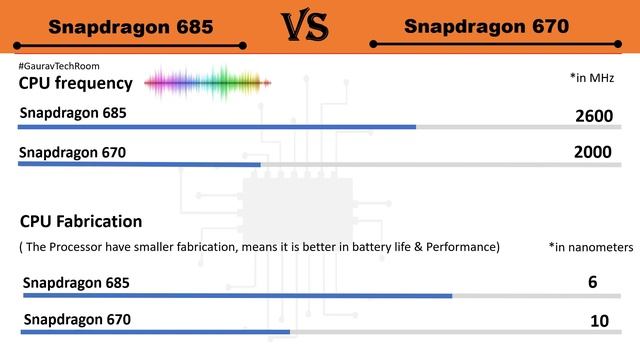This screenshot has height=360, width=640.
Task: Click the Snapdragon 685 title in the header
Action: pyautogui.click(x=130, y=27)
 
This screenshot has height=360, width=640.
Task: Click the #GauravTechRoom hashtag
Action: pyautogui.click(x=59, y=65)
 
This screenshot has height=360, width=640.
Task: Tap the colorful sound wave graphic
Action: pyautogui.click(x=208, y=82)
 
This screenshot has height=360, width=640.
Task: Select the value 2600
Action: pyautogui.click(x=594, y=116)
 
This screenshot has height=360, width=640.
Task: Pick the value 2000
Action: pyautogui.click(x=594, y=153)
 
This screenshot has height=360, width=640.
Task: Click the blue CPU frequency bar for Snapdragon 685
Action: pyautogui.click(x=217, y=127)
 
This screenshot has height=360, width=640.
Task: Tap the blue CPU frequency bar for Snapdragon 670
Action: pyautogui.click(x=139, y=164)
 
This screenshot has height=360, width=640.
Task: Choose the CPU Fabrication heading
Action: pyautogui.click(x=81, y=221)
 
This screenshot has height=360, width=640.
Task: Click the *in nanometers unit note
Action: pyautogui.click(x=591, y=246)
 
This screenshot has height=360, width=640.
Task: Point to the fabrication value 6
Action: pyautogui.click(x=593, y=283)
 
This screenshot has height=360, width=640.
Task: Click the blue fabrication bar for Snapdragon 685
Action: pyautogui.click(x=236, y=296)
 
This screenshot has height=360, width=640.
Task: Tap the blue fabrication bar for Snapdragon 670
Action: pyautogui.click(x=155, y=332)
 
